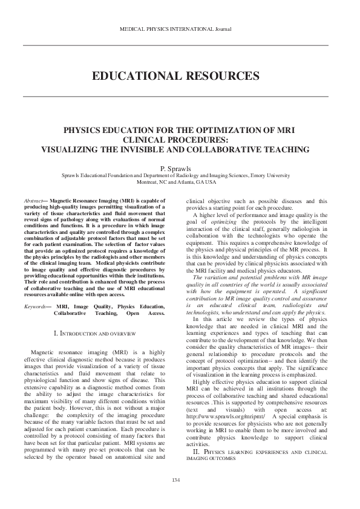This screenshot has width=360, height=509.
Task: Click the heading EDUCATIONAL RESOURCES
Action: [176, 76]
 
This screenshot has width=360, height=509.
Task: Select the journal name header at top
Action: [176, 28]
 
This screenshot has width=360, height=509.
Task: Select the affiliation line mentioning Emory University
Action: [176, 175]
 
